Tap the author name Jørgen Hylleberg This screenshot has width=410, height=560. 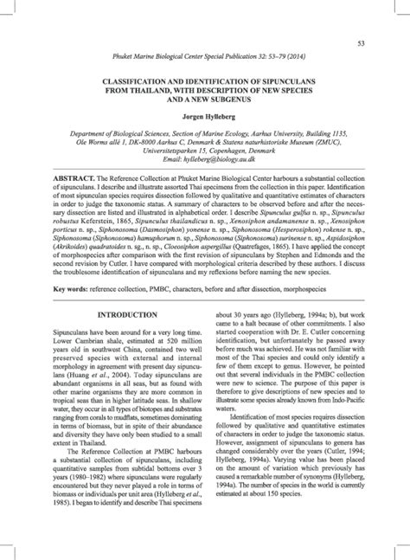click(205, 115)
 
